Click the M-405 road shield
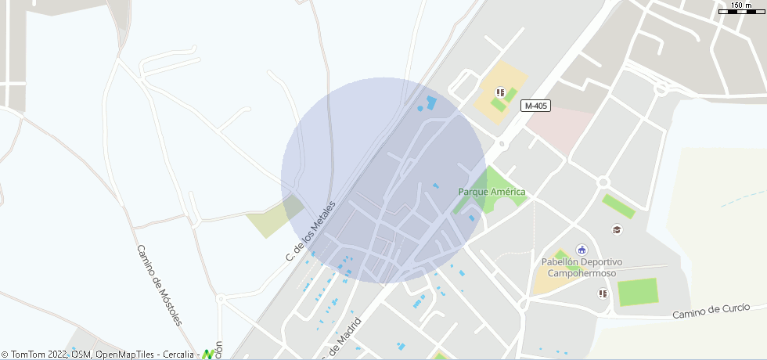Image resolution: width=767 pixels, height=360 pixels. tap(536, 106)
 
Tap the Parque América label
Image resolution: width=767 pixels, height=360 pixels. tap(492, 192)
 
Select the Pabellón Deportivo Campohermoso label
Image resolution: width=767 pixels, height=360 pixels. tap(582, 268)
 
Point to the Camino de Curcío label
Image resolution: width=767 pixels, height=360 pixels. tap(716, 311)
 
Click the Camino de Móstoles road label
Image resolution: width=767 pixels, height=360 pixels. tap(159, 286)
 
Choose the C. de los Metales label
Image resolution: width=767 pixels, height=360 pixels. tap(311, 231)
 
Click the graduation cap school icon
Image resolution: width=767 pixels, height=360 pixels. tap(617, 229)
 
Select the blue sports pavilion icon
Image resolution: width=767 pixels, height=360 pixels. tap(582, 250)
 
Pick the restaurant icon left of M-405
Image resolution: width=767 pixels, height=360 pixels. tap(500, 92)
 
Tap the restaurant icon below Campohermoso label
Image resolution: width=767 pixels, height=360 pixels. tap(603, 293)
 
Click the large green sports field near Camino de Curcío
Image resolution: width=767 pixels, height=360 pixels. tap(638, 292)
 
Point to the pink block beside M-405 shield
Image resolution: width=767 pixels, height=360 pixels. tap(559, 125)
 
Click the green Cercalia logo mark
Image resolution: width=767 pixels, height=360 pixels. tap(208, 355)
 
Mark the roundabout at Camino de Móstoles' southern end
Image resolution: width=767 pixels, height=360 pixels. tap(221, 298)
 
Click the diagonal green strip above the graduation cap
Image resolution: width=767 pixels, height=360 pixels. tap(618, 207)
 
